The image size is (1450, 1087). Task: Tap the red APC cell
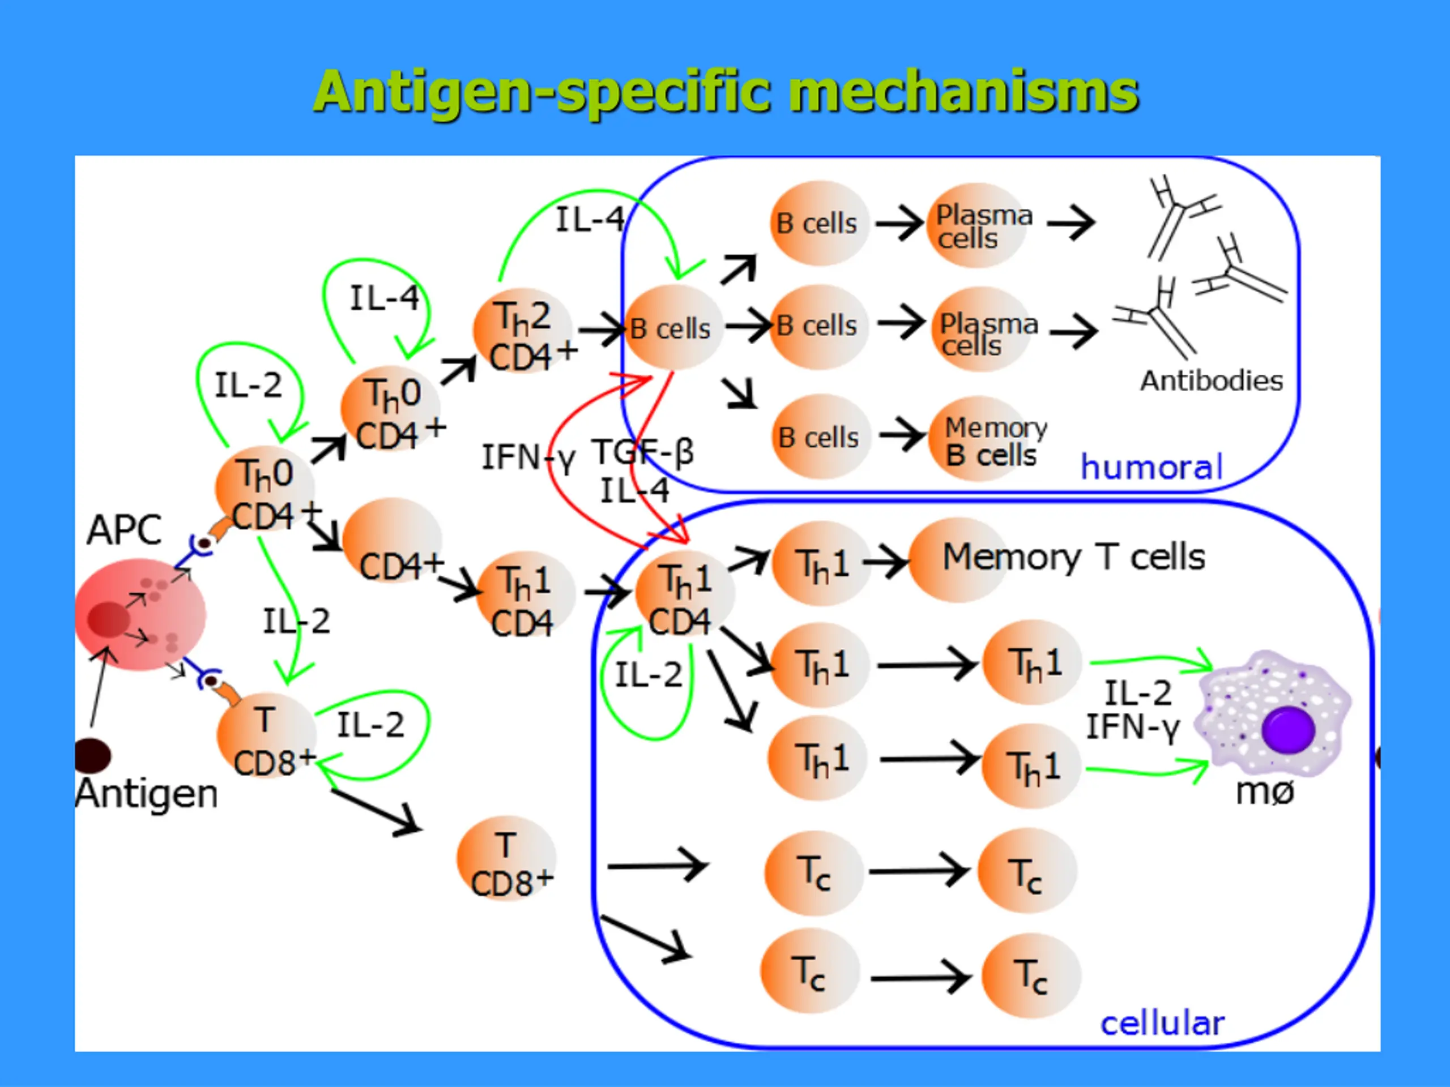(x=140, y=615)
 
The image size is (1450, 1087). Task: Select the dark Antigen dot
(x=92, y=755)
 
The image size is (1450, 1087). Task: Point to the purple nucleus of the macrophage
(x=1288, y=729)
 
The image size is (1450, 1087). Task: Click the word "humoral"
(x=1151, y=467)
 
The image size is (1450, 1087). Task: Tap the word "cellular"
(x=1162, y=1024)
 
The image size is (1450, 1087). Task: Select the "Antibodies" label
(x=1212, y=380)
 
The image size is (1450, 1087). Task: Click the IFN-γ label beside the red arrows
(x=528, y=457)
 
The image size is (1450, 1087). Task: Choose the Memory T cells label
(x=1074, y=557)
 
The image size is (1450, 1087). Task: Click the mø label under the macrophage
(x=1264, y=792)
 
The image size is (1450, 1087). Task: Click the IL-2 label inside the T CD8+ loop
(x=370, y=725)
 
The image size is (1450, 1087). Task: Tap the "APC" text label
(x=124, y=530)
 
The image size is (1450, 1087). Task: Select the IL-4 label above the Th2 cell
(x=590, y=219)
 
